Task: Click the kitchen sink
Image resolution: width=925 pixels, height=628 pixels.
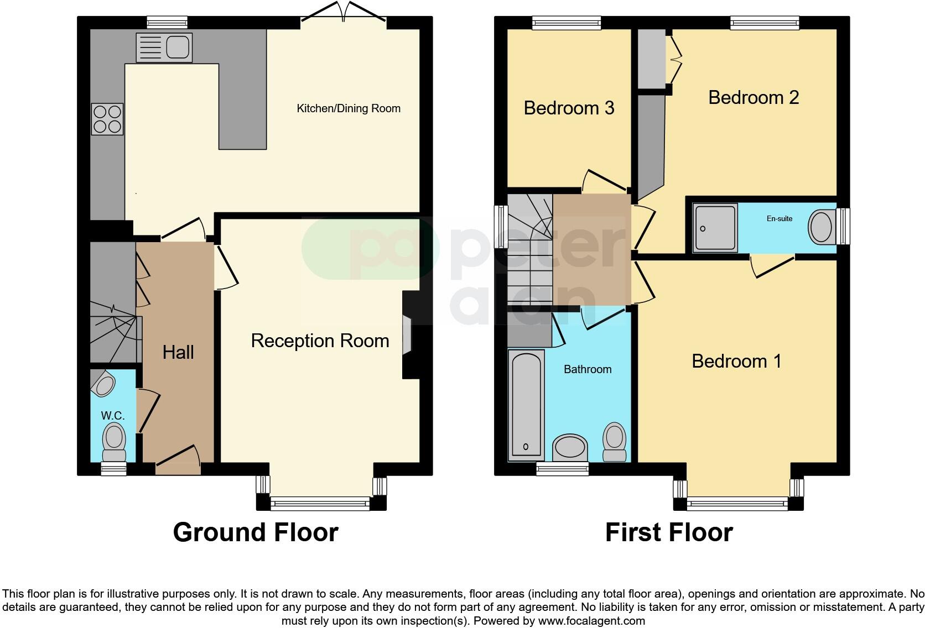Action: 164,47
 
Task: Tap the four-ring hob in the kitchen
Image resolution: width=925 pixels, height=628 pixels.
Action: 107,119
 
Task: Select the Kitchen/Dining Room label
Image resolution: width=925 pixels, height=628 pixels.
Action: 349,108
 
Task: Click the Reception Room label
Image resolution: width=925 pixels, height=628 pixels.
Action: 320,341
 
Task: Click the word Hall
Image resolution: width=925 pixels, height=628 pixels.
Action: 178,352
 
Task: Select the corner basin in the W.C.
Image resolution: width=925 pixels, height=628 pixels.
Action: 102,382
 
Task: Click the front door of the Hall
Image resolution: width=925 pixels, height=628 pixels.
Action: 178,460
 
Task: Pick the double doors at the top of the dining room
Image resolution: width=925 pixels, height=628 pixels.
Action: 344,12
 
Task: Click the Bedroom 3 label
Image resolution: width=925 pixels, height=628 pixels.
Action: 569,107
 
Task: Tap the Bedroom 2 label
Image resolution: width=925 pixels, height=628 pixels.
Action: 753,97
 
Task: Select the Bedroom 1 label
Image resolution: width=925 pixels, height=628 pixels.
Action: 736,361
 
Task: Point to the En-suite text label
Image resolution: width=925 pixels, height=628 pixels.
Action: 779,218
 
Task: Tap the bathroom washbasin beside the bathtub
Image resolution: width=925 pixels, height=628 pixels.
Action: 570,447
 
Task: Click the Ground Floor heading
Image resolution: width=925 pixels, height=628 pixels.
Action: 255,532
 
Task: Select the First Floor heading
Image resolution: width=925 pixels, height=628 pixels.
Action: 668,532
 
